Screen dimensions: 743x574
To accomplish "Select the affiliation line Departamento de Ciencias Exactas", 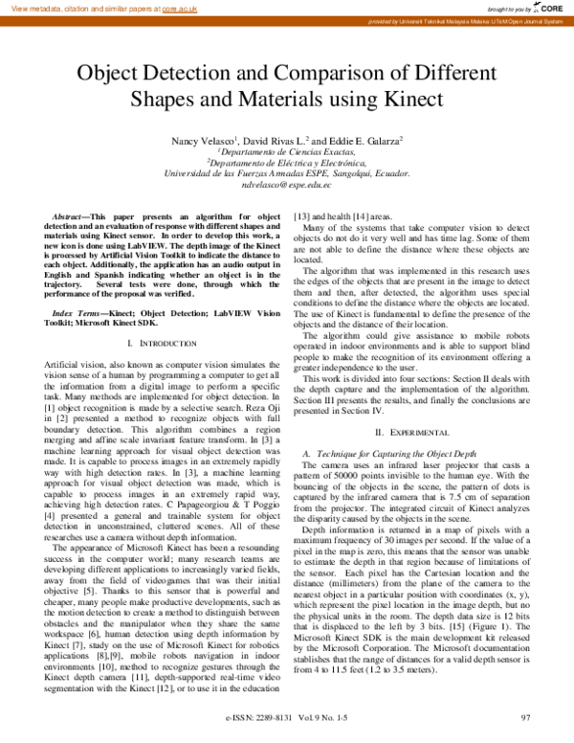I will [287, 151].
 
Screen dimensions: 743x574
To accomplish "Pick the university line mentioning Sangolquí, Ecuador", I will [287, 174].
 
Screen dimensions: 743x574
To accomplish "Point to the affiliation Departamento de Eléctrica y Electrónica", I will [287, 163].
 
